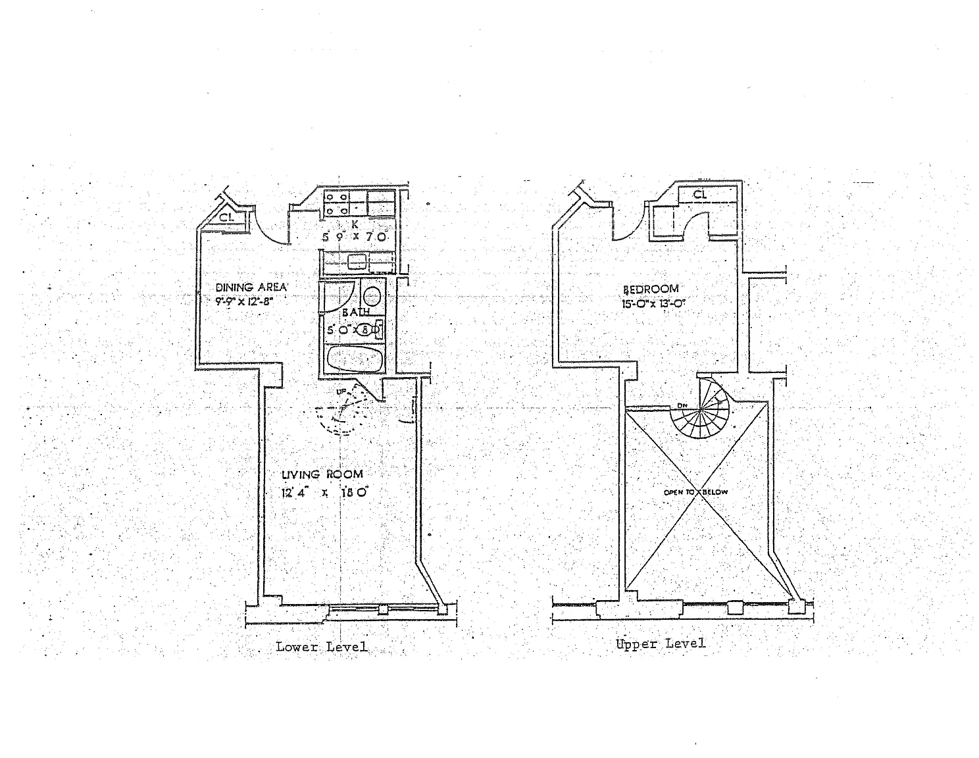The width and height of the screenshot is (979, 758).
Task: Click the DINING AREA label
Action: [x=251, y=287]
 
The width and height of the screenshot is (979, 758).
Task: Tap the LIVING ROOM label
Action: [x=322, y=474]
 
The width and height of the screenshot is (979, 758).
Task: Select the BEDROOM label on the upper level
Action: [x=650, y=289]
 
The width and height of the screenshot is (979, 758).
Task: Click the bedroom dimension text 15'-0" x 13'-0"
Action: [x=649, y=303]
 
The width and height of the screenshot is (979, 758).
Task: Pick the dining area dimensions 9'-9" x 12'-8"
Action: [x=243, y=303]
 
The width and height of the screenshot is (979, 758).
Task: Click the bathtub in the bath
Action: [x=354, y=359]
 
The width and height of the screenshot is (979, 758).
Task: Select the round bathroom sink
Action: [x=371, y=295]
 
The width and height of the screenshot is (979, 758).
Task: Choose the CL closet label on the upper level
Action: [x=699, y=195]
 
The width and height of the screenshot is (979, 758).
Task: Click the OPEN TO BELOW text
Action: [x=695, y=492]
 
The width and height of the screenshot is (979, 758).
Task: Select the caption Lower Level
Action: [x=321, y=647]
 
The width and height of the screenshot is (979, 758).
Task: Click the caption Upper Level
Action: [x=660, y=644]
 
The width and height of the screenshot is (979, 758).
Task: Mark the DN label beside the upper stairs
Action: [x=682, y=405]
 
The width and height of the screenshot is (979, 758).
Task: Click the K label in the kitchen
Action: [x=355, y=224]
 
